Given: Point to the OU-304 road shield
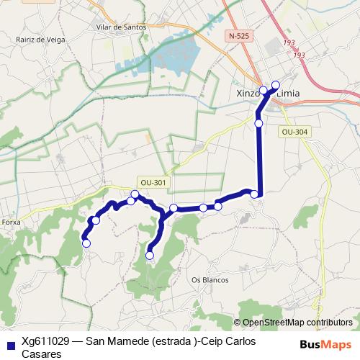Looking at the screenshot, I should [294, 132].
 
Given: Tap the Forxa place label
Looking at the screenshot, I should [11, 222].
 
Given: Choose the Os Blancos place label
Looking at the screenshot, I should [210, 279].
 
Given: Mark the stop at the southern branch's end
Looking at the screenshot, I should [150, 255].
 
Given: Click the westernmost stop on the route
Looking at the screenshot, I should [86, 243].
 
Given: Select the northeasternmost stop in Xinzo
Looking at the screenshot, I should [275, 84].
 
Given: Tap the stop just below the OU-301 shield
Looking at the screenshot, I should [135, 194].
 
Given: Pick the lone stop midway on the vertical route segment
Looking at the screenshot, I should [258, 123].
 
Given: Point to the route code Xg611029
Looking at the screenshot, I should [48, 341].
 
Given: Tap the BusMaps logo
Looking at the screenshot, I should [325, 343].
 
